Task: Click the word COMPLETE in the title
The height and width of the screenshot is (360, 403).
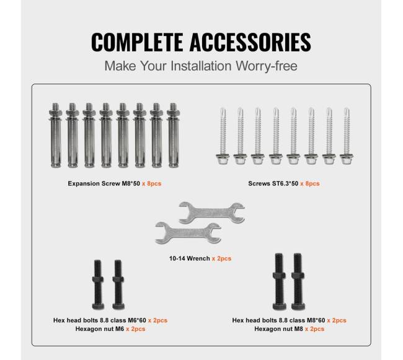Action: (x=137, y=42)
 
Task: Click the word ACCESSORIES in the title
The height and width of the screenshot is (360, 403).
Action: (x=250, y=42)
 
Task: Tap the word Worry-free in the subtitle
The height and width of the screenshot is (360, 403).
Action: (x=267, y=66)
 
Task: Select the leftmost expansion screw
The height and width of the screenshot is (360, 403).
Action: (x=56, y=135)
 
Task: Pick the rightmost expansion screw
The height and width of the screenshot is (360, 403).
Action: (x=173, y=135)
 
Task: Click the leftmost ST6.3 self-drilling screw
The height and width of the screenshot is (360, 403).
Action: (x=223, y=136)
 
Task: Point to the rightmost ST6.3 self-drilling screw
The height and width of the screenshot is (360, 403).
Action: (x=347, y=136)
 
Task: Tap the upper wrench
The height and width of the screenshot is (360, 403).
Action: (x=212, y=213)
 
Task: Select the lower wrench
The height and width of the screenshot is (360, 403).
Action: (x=188, y=233)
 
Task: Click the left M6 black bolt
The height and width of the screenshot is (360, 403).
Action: (x=98, y=284)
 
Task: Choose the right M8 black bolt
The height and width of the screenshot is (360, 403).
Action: (x=298, y=281)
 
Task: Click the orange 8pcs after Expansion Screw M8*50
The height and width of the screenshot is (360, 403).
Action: (x=152, y=183)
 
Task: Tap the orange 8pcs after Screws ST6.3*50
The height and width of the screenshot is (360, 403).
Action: (x=310, y=183)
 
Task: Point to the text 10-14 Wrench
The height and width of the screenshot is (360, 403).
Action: (x=190, y=258)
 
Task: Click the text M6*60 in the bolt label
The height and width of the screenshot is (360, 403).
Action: (x=137, y=320)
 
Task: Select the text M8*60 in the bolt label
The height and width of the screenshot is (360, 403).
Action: (x=316, y=320)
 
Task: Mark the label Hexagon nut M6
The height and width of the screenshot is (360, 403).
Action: (x=99, y=329)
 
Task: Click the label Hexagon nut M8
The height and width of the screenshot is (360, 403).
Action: (x=278, y=329)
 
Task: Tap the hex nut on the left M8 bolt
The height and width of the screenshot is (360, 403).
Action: (x=279, y=276)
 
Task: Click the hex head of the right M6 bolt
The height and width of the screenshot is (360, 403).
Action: (x=118, y=306)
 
